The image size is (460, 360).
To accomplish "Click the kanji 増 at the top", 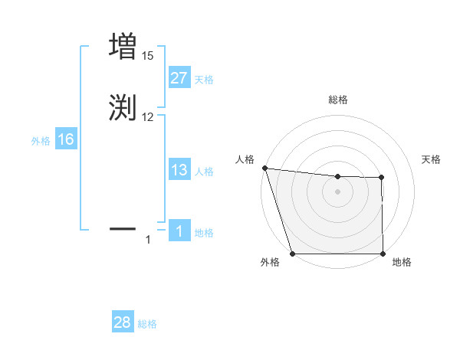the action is tap(123, 46).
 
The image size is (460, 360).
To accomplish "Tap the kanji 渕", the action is tap(123, 107).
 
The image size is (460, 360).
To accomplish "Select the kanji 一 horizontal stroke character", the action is tap(123, 228).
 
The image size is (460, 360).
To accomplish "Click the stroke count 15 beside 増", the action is tap(148, 56).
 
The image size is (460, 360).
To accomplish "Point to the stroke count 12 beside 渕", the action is tap(148, 117).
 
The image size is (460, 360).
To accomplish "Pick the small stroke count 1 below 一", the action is tap(148, 241).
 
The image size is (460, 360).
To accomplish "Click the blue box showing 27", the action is tap(179, 79).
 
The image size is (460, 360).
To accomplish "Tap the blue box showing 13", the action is tap(179, 170).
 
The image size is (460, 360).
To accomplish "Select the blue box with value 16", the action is tap(66, 139).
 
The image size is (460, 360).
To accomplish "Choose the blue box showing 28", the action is tap(123, 322).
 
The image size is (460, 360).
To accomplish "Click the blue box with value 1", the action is tap(179, 231).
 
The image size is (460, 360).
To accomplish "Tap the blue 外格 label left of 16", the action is tap(40, 141).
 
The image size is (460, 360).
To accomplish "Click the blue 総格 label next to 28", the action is tap(147, 324).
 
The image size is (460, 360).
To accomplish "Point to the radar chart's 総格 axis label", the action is tap(338, 100).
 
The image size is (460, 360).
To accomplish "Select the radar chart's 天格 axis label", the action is tap(432, 159).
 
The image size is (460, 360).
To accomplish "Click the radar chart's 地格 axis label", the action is tap(402, 263).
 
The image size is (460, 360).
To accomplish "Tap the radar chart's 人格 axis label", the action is tap(245, 159).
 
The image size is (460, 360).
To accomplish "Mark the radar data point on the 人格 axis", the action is tap(264, 169).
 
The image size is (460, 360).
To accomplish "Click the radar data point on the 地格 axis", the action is tap(383, 254).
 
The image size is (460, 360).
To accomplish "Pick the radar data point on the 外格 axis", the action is tap(292, 254).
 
